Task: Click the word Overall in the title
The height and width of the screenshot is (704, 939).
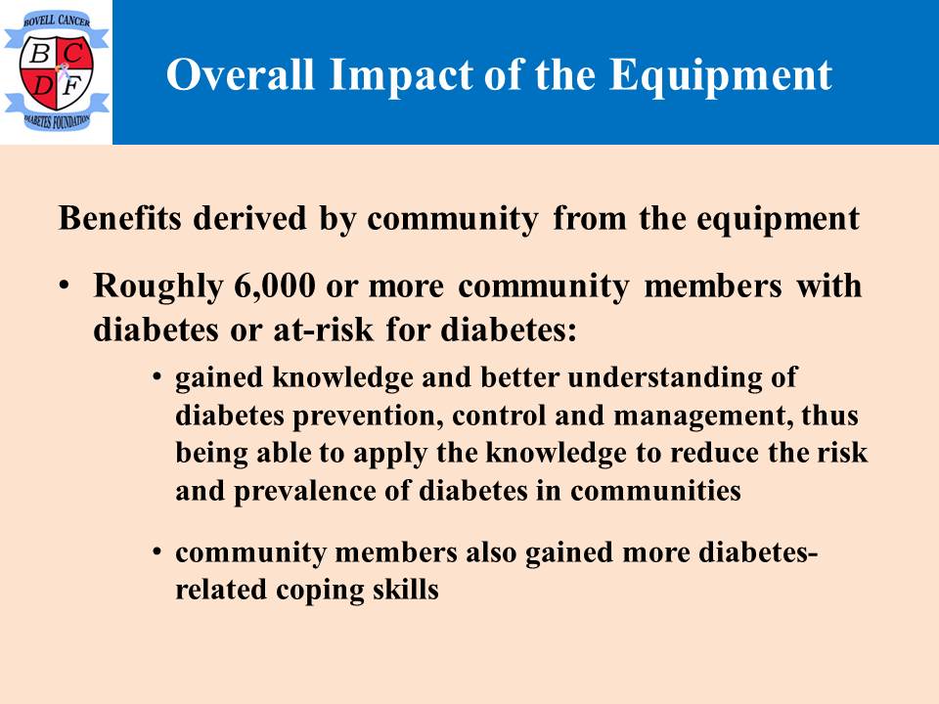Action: pos(241,75)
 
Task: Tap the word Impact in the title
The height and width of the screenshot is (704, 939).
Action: pos(401,76)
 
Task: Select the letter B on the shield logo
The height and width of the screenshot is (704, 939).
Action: pos(39,55)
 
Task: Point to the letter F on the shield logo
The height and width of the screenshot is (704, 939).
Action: pos(71,87)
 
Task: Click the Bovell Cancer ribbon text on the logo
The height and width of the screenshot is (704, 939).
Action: pos(57,21)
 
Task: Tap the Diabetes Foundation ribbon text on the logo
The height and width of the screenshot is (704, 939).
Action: pos(57,121)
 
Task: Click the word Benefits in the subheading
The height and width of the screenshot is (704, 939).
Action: pos(119,217)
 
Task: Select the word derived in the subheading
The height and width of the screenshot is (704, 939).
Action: pos(249,217)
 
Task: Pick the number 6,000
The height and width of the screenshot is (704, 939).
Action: pos(275,286)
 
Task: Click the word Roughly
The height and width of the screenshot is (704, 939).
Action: pos(158,287)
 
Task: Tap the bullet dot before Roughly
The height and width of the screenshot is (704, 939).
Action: pos(65,285)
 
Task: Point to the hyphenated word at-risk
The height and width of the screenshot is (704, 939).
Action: pos(324,330)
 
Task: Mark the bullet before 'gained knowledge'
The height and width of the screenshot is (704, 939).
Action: pos(156,377)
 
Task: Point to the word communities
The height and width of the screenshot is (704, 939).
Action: pos(655,491)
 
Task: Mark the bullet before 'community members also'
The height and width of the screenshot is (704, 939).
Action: pos(156,551)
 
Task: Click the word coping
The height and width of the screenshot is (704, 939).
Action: pos(320,591)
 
